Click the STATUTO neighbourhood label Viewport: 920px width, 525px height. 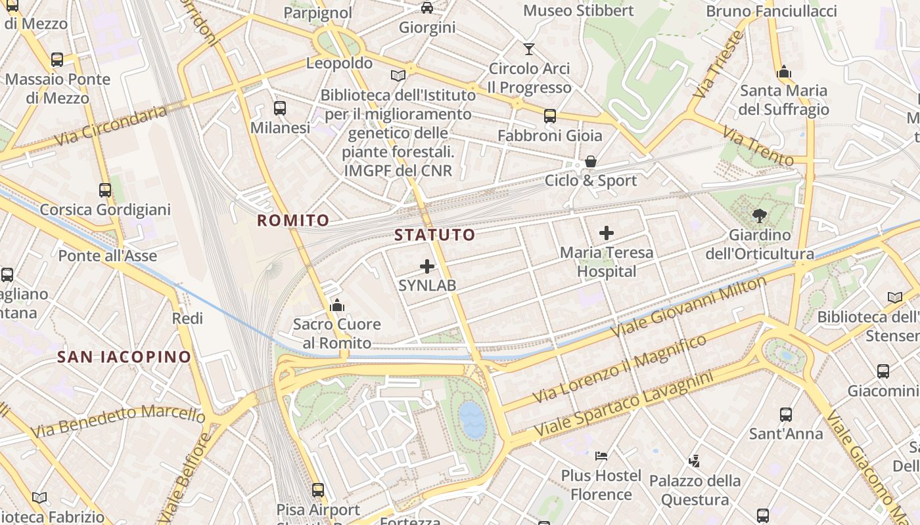pos(434,235)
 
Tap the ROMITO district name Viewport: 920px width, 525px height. pos(293,220)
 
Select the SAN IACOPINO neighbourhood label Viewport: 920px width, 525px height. pos(124,357)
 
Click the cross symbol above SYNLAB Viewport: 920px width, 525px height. pos(427,266)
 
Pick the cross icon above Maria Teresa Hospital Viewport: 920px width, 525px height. pos(607,232)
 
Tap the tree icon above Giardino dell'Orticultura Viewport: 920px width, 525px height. pos(760,215)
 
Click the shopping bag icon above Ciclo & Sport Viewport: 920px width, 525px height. pos(591,161)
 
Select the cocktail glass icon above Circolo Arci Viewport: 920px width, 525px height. pos(529,49)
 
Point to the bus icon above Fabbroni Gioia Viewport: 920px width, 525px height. pos(550,116)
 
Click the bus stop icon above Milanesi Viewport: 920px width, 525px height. pos(280,108)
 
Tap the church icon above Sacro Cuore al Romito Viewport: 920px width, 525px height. pos(337,305)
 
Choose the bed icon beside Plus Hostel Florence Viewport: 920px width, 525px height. pos(601,455)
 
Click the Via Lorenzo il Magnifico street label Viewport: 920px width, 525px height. pos(620,368)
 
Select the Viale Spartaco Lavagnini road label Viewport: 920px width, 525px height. pos(624,406)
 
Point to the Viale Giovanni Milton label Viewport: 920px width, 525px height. pos(690,306)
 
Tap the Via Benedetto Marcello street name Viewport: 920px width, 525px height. pos(118,421)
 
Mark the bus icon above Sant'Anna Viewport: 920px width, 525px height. pos(786,415)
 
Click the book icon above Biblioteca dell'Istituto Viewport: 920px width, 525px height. pos(398,75)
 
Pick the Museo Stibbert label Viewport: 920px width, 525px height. pos(578,10)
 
